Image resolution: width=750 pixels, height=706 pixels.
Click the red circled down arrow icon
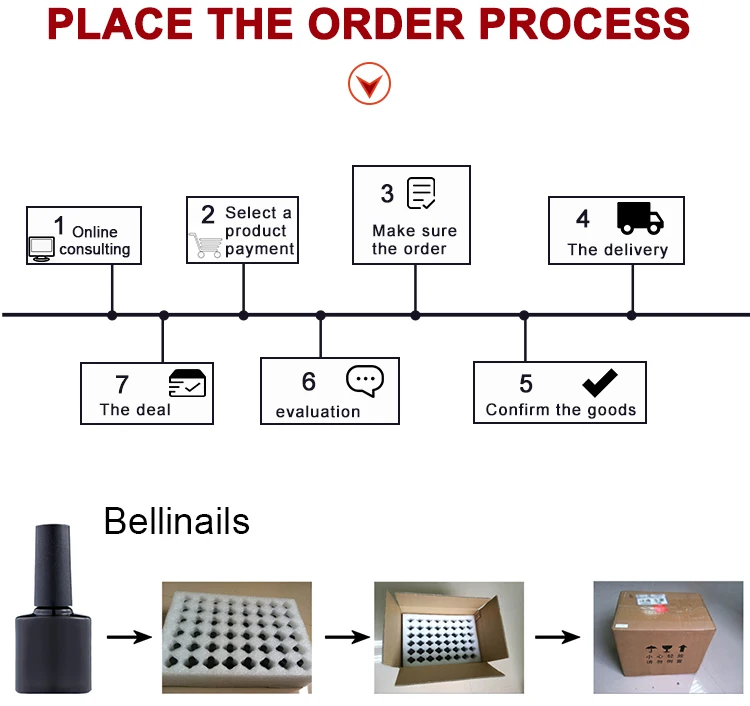[369, 84]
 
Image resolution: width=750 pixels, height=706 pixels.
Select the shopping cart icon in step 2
[205, 245]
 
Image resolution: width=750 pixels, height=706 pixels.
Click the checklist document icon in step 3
[422, 193]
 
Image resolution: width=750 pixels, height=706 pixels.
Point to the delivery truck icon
[639, 217]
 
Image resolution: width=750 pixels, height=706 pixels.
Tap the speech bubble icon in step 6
[365, 381]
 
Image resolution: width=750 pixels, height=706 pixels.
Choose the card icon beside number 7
[187, 384]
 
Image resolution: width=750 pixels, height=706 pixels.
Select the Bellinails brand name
[177, 521]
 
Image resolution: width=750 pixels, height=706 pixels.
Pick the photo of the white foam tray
[237, 639]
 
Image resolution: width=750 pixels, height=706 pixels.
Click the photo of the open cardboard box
[449, 637]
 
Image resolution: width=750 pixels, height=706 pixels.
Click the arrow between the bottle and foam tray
[128, 637]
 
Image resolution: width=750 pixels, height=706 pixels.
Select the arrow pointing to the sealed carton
[558, 637]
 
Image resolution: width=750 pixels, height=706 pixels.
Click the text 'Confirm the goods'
[560, 410]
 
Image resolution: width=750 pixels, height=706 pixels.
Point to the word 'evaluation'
[318, 411]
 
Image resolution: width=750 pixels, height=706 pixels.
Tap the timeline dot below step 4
[631, 315]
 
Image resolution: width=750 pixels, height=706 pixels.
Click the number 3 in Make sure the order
[387, 193]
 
